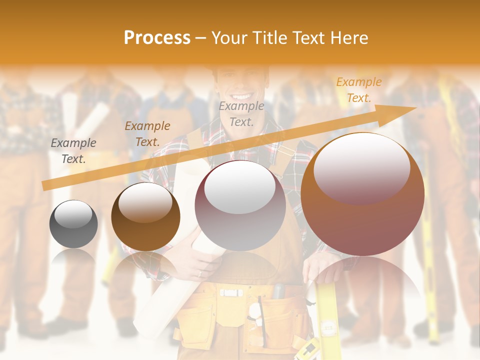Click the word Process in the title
[157, 38]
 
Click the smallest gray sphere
[73, 224]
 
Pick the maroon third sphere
[240, 206]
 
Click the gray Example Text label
[73, 151]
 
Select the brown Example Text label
[147, 134]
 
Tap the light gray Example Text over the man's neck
[241, 113]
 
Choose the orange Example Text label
[359, 90]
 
